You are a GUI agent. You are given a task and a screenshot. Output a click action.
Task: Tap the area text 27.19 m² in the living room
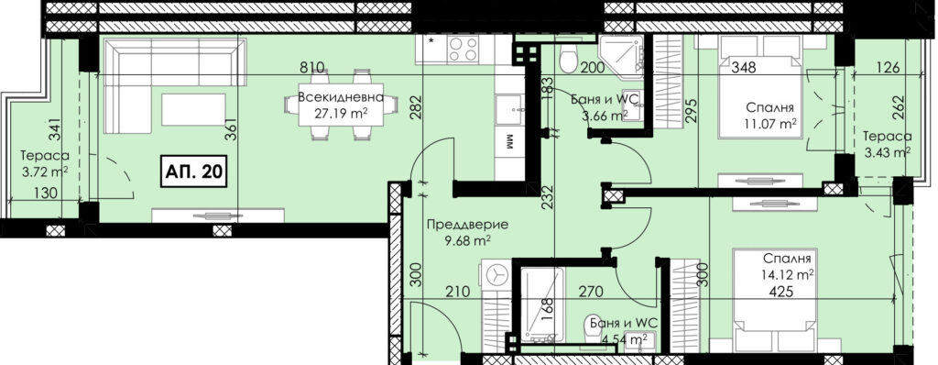click(x=342, y=114)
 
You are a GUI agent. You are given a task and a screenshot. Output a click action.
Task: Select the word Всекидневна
click(x=341, y=98)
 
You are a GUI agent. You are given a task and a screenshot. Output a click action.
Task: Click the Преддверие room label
click(x=468, y=225)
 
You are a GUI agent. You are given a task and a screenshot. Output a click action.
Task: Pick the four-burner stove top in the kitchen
click(x=463, y=49)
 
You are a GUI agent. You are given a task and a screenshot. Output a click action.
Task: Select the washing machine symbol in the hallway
click(x=496, y=275)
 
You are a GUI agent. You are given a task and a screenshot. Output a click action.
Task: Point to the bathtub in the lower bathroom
click(x=541, y=304)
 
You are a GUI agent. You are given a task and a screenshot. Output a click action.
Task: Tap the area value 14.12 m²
click(x=786, y=275)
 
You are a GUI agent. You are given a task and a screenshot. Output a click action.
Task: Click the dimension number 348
click(x=745, y=67)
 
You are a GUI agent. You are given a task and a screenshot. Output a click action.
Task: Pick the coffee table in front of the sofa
click(x=193, y=110)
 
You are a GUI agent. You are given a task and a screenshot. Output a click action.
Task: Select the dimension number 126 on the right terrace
click(x=887, y=67)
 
